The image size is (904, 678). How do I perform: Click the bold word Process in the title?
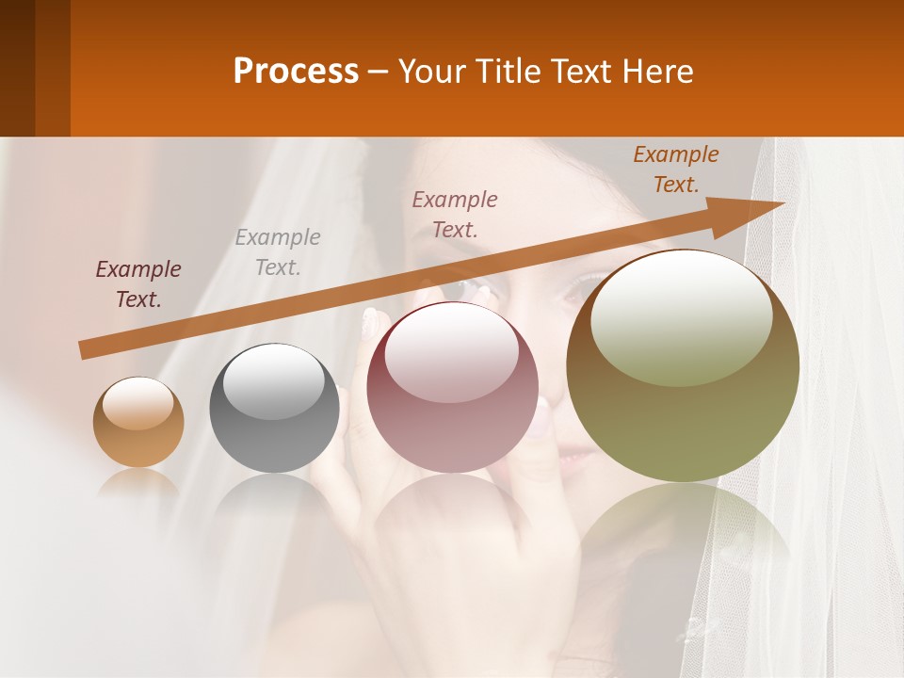[x=296, y=72]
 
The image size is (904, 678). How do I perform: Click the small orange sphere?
[x=138, y=422]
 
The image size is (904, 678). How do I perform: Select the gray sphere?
[x=274, y=408]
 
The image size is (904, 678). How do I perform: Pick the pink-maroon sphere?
[x=452, y=388]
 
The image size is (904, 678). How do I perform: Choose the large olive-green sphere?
[x=683, y=365]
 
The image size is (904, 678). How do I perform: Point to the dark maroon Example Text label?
[x=138, y=284]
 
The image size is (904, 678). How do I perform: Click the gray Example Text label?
[x=278, y=252]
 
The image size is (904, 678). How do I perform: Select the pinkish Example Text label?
[x=455, y=214]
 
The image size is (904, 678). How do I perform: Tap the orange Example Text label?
[x=675, y=169]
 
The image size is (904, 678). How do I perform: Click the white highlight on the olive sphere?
[x=682, y=315]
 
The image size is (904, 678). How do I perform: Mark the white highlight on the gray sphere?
[x=273, y=380]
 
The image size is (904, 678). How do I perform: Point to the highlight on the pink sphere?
[x=451, y=353]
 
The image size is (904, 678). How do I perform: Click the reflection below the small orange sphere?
[x=138, y=482]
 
